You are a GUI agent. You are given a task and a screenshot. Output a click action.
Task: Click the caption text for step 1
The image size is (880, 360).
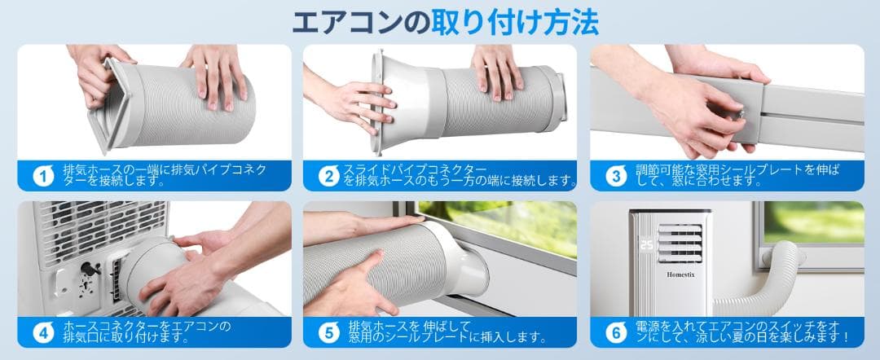pos(164,175)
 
